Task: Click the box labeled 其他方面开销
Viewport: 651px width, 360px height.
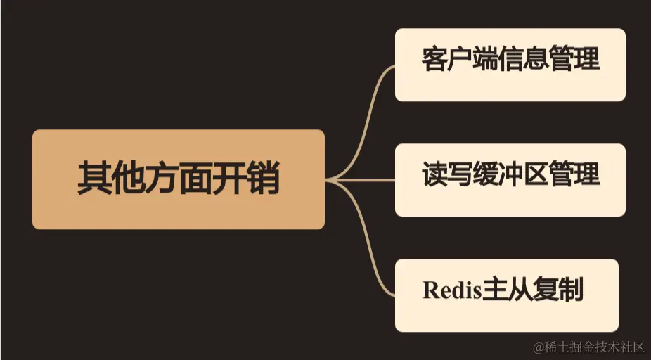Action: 179,179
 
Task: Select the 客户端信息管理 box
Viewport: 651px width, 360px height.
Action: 510,65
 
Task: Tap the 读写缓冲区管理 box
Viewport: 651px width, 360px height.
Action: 510,180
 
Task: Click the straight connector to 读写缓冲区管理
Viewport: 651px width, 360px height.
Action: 366,180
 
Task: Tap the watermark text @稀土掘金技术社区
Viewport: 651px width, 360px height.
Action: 589,347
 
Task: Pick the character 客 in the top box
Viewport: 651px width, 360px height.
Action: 434,59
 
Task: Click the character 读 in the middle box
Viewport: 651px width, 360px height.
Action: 434,174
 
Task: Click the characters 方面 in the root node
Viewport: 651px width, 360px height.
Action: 179,179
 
